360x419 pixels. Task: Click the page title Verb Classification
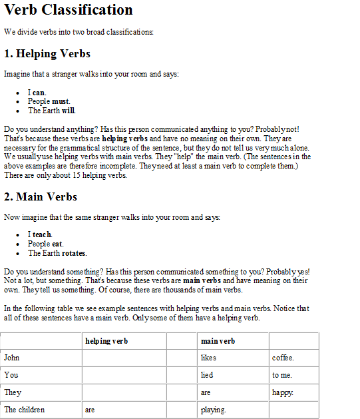68,10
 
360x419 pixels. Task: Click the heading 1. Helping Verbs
47,54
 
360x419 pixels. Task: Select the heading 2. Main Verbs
41,197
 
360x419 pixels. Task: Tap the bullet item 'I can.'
37,93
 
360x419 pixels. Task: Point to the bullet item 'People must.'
49,101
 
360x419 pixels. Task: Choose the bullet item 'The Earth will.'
51,111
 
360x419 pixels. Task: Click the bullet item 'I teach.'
40,234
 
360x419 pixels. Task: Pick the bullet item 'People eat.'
46,244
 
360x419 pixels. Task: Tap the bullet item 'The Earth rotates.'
57,253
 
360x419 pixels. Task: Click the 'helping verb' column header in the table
106,341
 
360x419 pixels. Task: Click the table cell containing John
12,358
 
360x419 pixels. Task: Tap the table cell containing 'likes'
208,358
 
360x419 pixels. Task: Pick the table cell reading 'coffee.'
283,358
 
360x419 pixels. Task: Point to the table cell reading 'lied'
207,375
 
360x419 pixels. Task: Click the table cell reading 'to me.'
282,375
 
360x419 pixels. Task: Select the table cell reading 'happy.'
283,392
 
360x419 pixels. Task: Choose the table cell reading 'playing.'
213,410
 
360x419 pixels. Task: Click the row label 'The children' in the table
24,410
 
